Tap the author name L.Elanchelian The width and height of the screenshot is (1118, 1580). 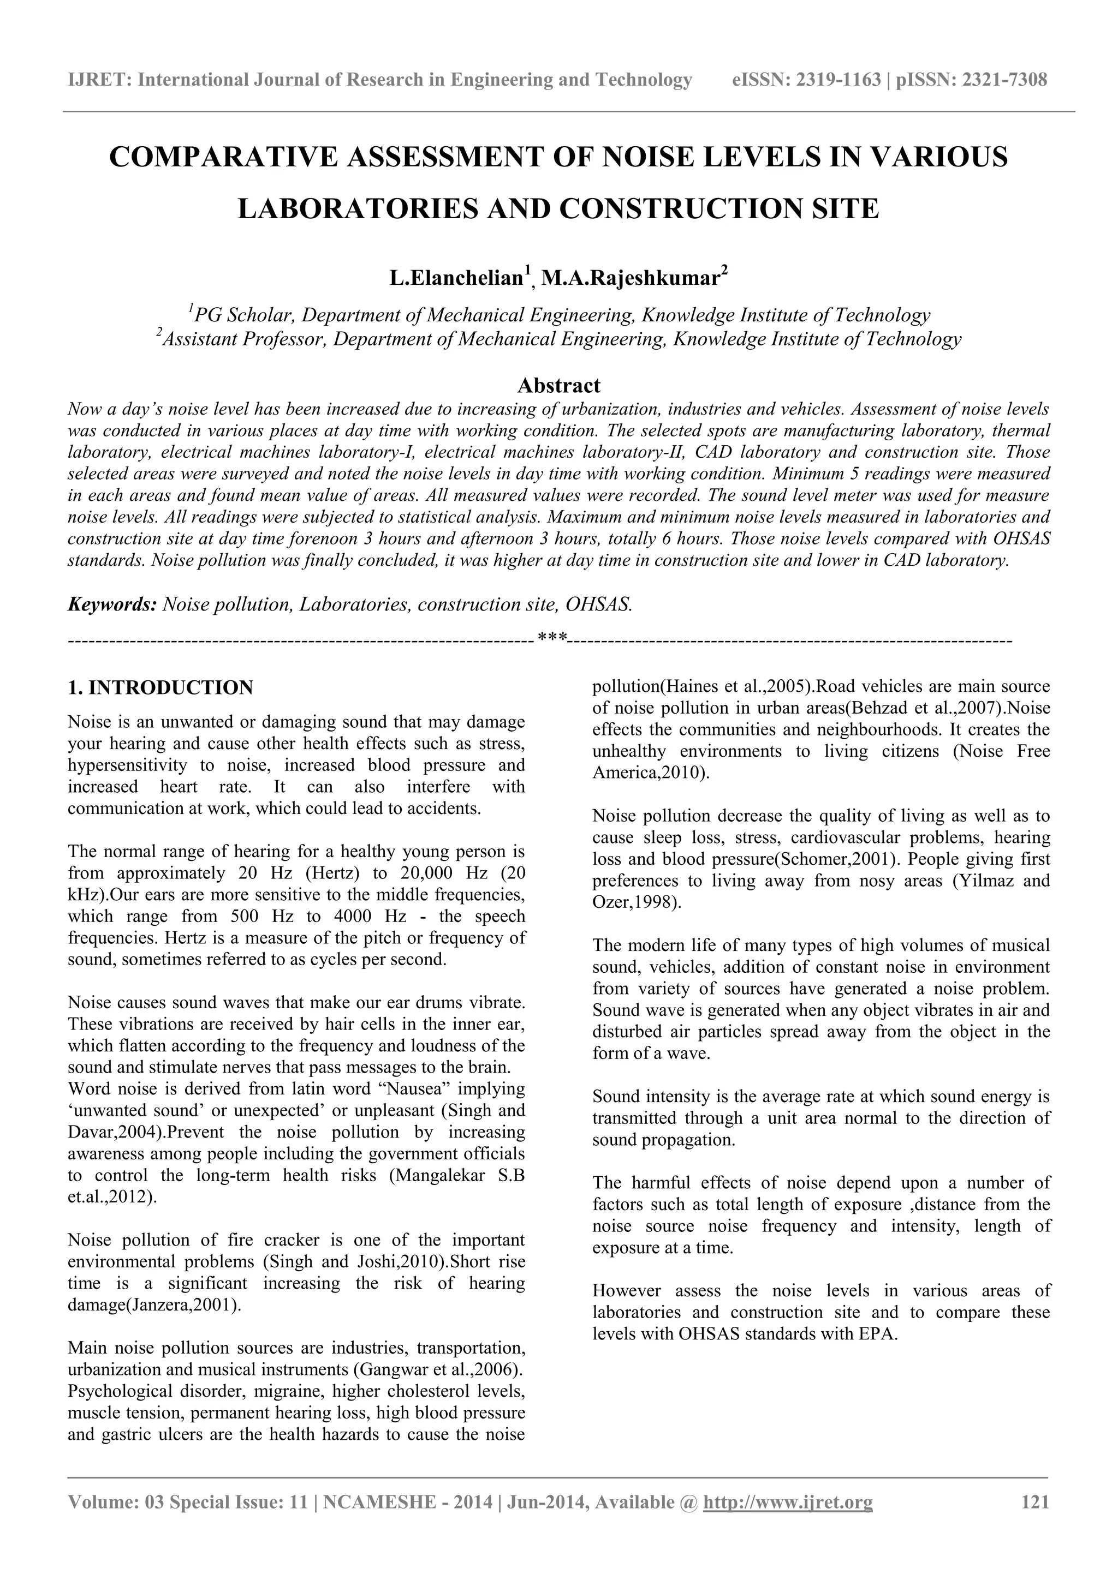coord(456,278)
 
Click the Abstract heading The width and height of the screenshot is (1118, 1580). coord(558,385)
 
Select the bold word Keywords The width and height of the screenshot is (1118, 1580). coord(111,604)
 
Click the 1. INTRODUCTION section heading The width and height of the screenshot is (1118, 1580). coord(160,687)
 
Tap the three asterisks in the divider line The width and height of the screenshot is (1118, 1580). coord(552,639)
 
